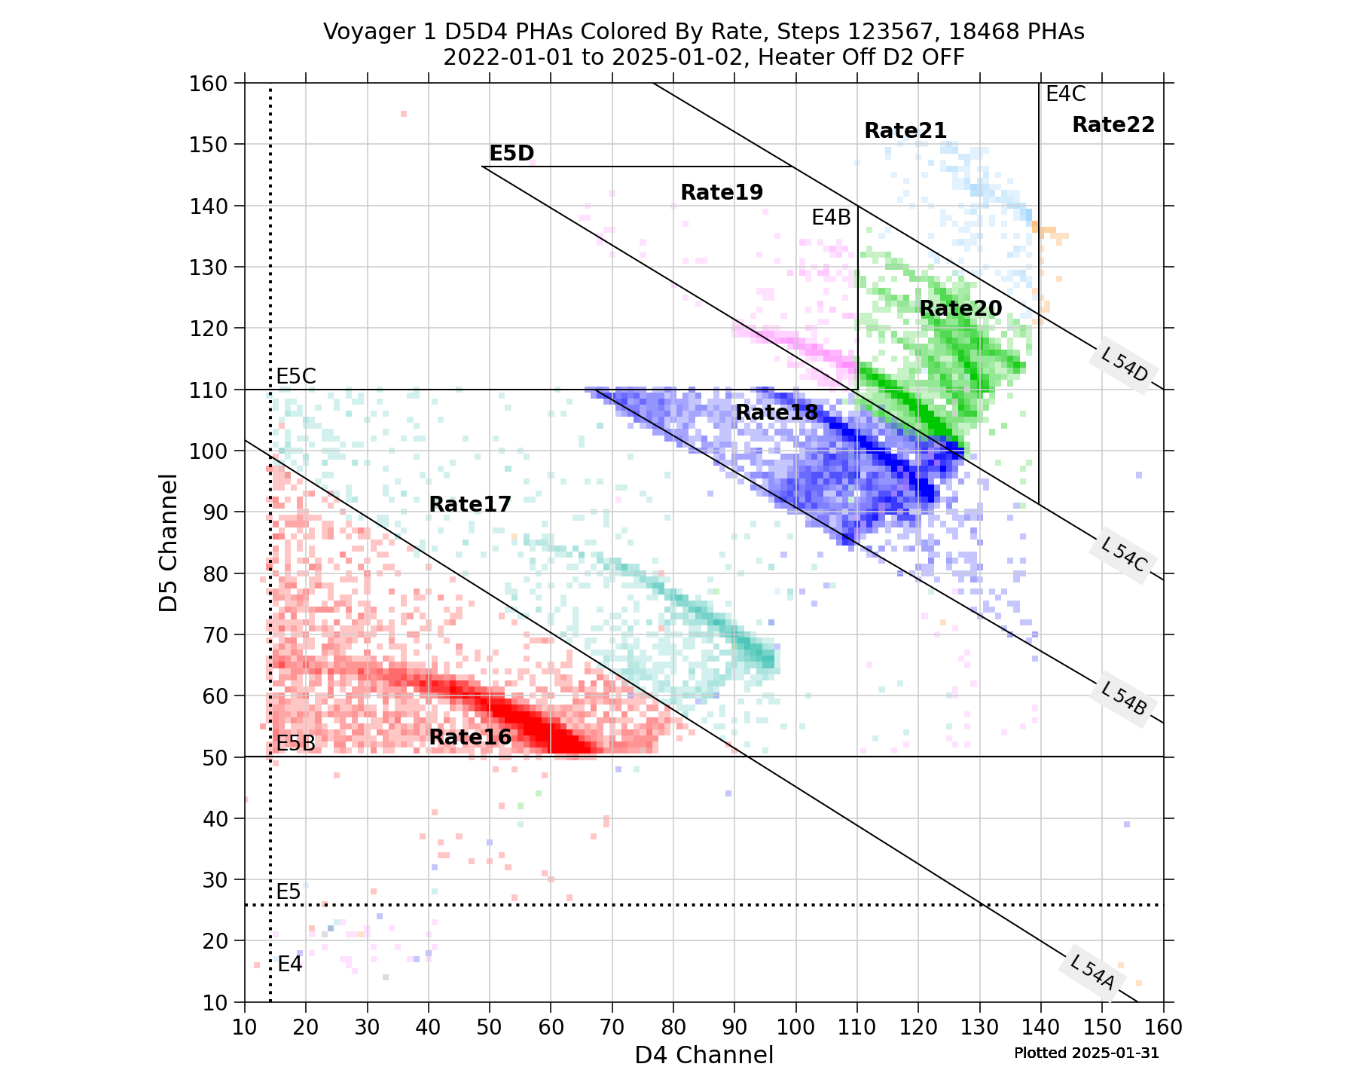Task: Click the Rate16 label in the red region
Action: click(x=470, y=737)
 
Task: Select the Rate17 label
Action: click(x=470, y=504)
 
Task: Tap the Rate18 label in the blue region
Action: click(x=776, y=412)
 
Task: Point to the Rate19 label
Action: click(x=722, y=192)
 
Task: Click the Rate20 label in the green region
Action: click(x=960, y=308)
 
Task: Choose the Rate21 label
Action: click(x=905, y=130)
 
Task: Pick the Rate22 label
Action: click(x=1113, y=124)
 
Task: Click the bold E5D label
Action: click(x=511, y=153)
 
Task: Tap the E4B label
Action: click(x=831, y=218)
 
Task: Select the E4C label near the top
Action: click(x=1065, y=94)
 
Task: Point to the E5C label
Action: click(x=296, y=376)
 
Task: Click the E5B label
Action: click(x=296, y=743)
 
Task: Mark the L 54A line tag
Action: click(x=1092, y=972)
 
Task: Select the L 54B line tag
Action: click(x=1122, y=699)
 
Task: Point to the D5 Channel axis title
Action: click(x=169, y=543)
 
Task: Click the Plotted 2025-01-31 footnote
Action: click(x=1086, y=1053)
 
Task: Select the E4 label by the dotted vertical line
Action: click(x=290, y=964)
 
